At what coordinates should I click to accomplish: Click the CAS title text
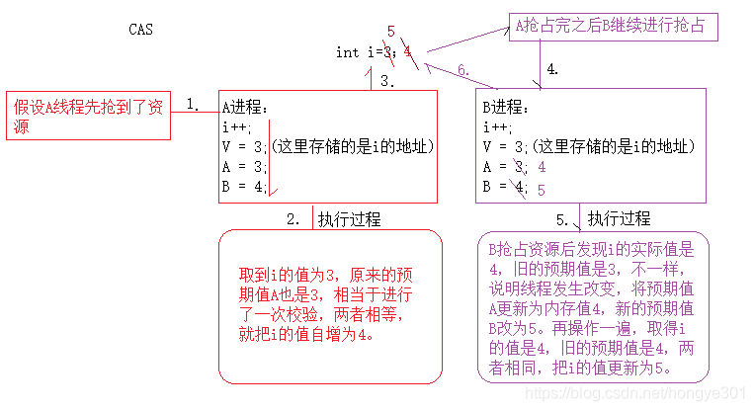pos(141,30)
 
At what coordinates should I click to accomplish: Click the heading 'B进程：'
pos(507,107)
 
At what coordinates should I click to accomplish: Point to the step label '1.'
pos(194,104)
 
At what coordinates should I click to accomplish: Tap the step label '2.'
pos(293,220)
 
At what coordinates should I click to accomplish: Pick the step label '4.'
pos(552,69)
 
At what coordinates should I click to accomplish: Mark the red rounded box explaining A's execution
pos(329,306)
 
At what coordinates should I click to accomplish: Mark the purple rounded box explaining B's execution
pos(592,307)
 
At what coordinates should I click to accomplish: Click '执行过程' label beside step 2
pos(350,219)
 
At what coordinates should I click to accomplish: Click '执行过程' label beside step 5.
pos(620,219)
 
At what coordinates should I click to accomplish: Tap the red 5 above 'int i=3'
pos(391,34)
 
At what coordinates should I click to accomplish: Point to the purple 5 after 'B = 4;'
pos(542,189)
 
